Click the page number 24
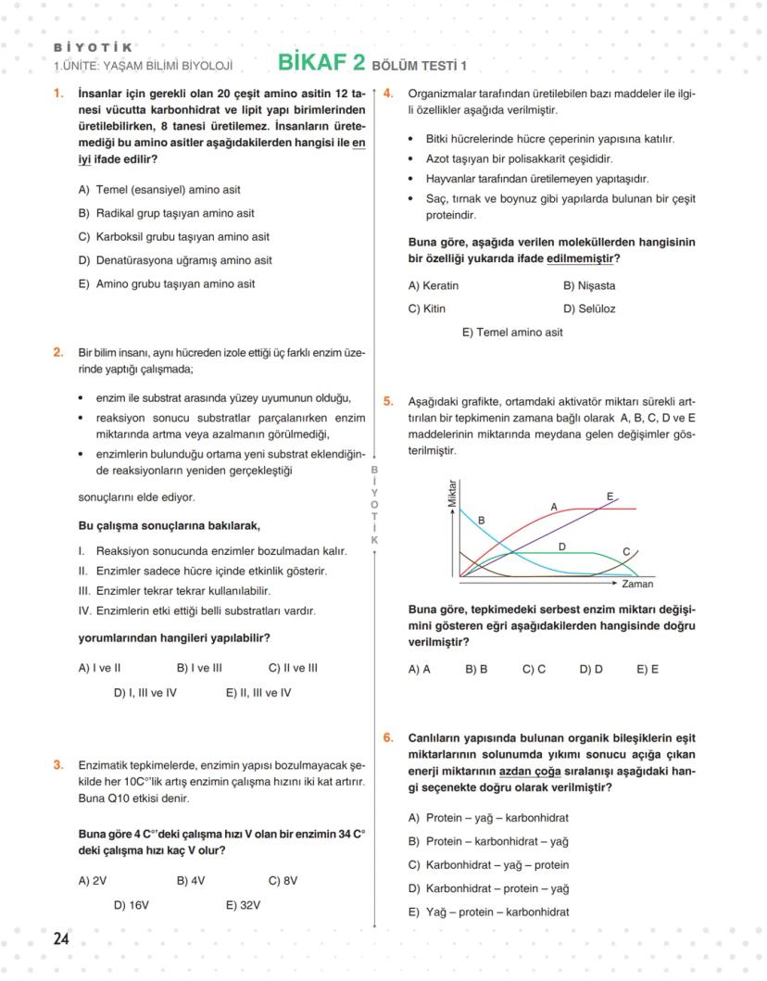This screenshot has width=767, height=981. coord(61,939)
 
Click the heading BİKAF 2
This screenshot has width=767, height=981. coord(321,63)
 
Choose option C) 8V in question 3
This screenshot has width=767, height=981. coord(283,881)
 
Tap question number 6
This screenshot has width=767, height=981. coord(388,738)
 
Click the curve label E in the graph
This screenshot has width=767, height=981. coord(610,497)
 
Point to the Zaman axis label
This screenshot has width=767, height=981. coord(637,585)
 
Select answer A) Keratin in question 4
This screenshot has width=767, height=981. coord(434,285)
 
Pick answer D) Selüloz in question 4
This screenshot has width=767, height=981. coord(589,308)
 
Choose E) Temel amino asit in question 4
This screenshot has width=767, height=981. coord(512,333)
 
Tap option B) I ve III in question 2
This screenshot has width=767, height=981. coord(199,667)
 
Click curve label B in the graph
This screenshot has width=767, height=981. coord(482,521)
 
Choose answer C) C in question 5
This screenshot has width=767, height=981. coord(534,669)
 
